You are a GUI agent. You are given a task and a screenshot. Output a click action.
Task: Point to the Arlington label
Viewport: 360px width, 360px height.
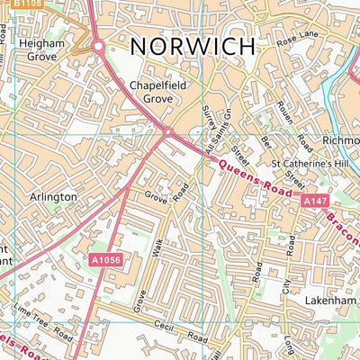click(x=53, y=195)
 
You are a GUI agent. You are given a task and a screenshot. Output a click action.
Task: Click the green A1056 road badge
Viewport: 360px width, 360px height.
click(x=106, y=259)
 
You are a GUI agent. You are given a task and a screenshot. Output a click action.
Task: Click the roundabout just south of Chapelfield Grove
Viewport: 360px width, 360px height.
click(x=166, y=133)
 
